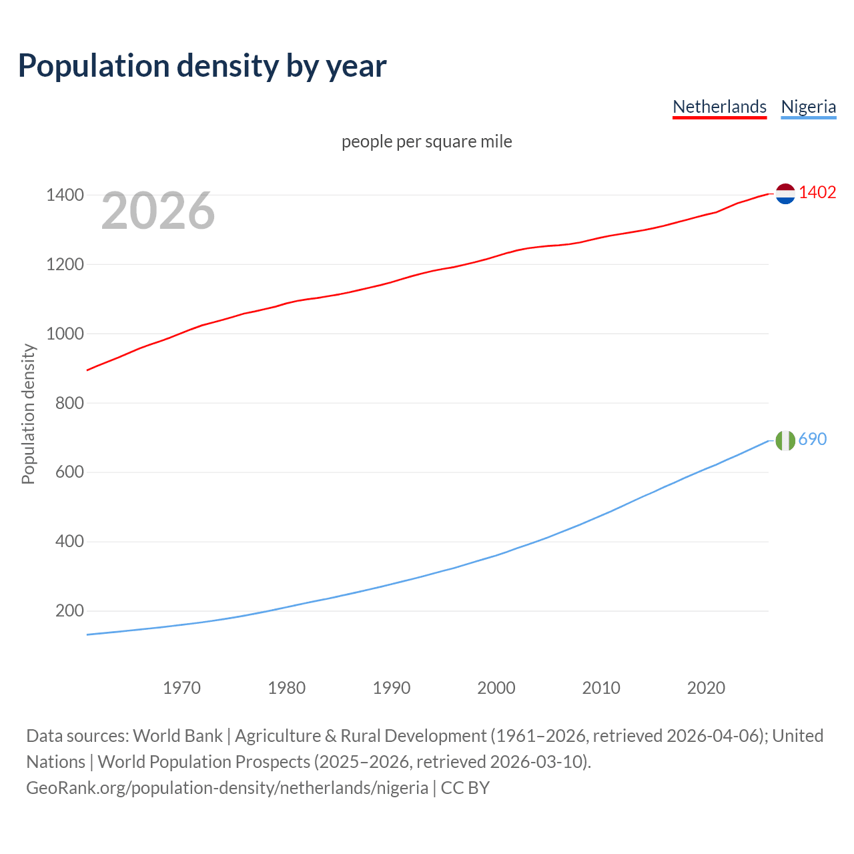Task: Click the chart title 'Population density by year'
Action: tap(202, 65)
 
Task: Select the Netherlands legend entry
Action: tap(719, 107)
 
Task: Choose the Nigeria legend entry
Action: tap(808, 107)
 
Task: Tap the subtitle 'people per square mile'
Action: tap(426, 141)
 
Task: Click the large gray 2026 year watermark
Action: tap(158, 211)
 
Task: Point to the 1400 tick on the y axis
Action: tap(65, 195)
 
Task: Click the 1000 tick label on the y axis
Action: tap(65, 334)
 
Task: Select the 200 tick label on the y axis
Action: tap(69, 611)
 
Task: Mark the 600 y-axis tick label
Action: tap(69, 472)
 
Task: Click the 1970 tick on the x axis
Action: tap(181, 688)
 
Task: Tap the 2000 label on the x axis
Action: tap(496, 688)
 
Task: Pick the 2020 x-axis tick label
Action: tap(706, 688)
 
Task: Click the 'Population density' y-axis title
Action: tap(28, 414)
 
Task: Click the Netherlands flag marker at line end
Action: tap(785, 193)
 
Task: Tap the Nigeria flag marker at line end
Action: tap(785, 440)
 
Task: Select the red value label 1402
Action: tap(817, 193)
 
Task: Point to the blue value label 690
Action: tap(812, 439)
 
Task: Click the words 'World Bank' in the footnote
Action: tap(177, 736)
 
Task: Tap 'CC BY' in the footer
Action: tap(465, 788)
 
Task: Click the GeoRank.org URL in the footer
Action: tap(227, 788)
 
